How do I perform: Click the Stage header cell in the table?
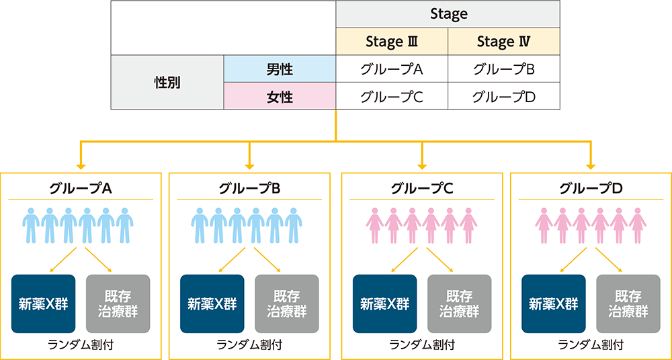coord(448,14)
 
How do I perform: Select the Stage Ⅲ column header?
coord(392,42)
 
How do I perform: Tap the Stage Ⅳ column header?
coord(503,42)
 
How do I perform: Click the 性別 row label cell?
coord(167,82)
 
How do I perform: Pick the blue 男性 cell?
coord(280,69)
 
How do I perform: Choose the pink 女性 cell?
coord(280,96)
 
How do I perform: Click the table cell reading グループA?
coord(392,69)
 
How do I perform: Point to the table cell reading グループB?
coord(503,69)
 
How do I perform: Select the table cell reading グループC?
coord(392,96)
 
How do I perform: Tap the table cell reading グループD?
coord(503,96)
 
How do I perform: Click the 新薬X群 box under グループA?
coord(43,304)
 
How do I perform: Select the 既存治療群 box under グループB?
coord(287,304)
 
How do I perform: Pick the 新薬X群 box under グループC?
coord(384,304)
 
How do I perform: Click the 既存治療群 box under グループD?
coord(628,304)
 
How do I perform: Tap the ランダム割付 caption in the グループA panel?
coord(81,345)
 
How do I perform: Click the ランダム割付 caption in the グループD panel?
coord(591,345)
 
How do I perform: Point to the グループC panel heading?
coord(422,189)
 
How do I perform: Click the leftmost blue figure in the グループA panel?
coord(31,225)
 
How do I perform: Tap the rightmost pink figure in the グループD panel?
coord(638,225)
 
